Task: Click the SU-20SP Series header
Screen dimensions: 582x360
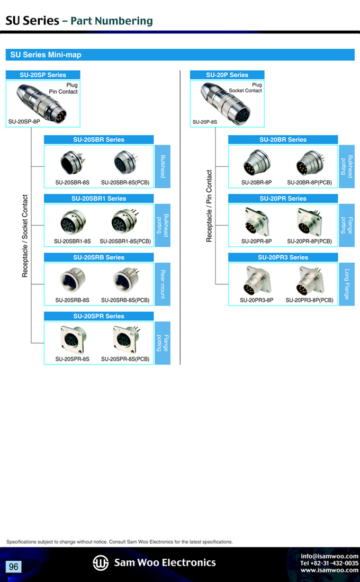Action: (43, 75)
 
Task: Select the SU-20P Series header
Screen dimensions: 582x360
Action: (227, 75)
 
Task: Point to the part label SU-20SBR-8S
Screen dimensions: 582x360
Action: (72, 182)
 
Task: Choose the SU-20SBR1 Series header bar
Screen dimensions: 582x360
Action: (98, 199)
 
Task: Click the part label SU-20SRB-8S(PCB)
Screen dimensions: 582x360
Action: (125, 300)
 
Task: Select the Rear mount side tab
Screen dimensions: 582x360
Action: (163, 284)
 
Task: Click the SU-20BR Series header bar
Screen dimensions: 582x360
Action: (283, 140)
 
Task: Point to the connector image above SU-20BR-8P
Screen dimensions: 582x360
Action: (256, 163)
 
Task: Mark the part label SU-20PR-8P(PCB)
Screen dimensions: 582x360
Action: (309, 241)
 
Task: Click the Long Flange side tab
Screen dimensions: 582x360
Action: (347, 284)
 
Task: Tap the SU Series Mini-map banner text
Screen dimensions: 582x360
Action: (46, 55)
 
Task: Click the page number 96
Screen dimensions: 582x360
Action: (13, 567)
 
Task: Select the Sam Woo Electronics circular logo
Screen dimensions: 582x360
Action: (101, 563)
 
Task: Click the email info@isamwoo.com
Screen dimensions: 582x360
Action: (329, 556)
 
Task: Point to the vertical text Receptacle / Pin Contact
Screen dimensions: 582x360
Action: (209, 206)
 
